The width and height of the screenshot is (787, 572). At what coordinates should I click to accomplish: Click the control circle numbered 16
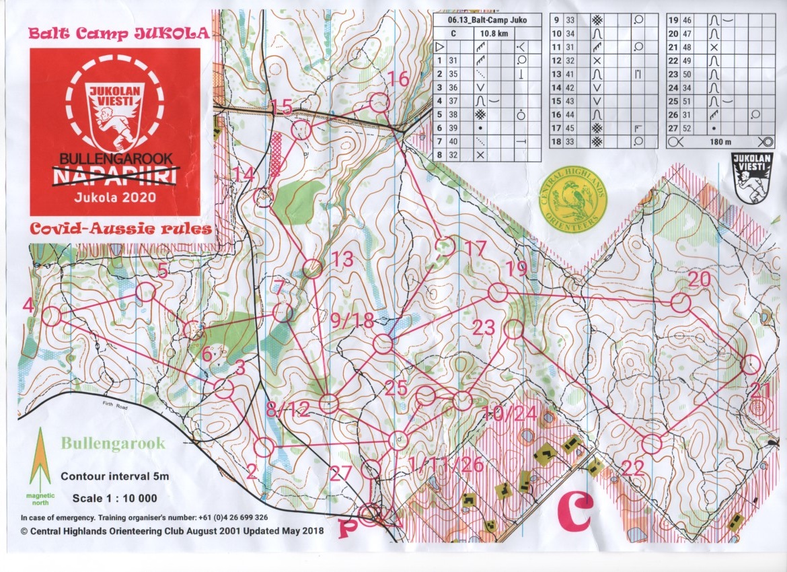[380, 103]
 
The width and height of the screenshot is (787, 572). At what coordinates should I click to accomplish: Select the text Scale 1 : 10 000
[114, 498]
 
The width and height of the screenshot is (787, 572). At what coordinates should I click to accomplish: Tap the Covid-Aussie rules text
[121, 229]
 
